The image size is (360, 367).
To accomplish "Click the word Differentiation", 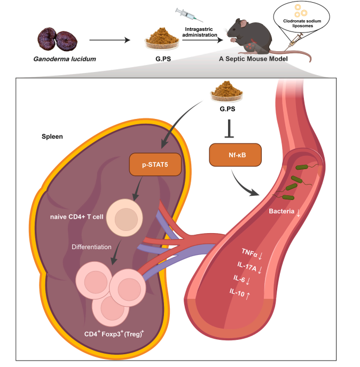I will pyautogui.click(x=93, y=247).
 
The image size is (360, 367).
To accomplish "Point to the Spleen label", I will pyautogui.click(x=52, y=137).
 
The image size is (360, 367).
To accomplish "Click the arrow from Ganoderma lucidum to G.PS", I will pyautogui.click(x=109, y=39).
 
